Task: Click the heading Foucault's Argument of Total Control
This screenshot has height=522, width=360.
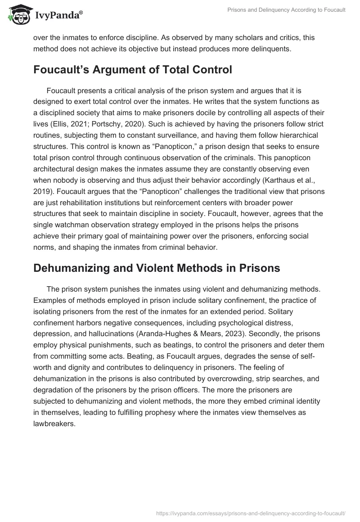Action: pyautogui.click(x=133, y=70)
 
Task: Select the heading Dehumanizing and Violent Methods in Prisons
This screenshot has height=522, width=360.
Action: pyautogui.click(x=157, y=268)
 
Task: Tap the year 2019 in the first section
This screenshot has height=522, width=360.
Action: pyautogui.click(x=42, y=191)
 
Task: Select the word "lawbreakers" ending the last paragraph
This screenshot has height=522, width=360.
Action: pyautogui.click(x=53, y=423)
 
